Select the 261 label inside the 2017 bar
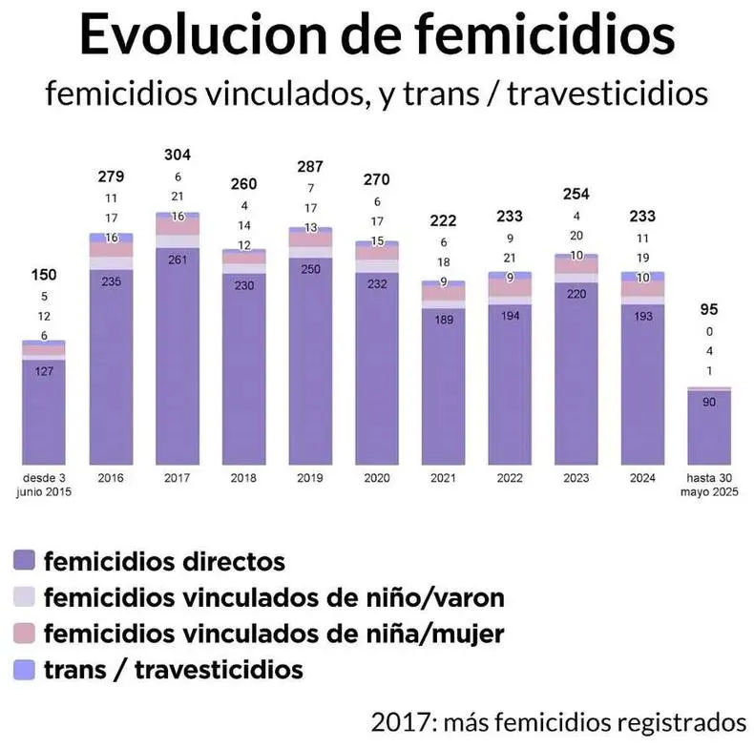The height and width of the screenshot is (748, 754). [x=177, y=260]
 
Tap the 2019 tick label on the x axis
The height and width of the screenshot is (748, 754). [x=310, y=478]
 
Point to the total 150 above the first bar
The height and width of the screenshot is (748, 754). [x=44, y=276]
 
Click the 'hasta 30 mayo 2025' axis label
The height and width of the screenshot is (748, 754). [x=710, y=485]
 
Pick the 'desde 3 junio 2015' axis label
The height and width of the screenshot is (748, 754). [x=44, y=485]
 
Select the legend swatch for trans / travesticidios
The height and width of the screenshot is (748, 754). [x=26, y=669]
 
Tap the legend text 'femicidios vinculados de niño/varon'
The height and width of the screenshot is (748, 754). [x=274, y=597]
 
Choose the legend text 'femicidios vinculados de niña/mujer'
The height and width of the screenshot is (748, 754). [x=274, y=633]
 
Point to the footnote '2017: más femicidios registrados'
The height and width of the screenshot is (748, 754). [x=558, y=718]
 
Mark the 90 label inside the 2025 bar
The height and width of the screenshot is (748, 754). [x=709, y=404]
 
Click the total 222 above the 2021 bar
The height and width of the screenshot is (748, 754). [x=443, y=220]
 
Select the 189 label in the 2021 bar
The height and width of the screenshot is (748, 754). [x=443, y=320]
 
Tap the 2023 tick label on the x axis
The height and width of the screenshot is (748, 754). [x=576, y=478]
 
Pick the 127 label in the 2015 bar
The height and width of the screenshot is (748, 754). [x=44, y=372]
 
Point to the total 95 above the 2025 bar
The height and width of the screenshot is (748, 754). [x=709, y=309]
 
